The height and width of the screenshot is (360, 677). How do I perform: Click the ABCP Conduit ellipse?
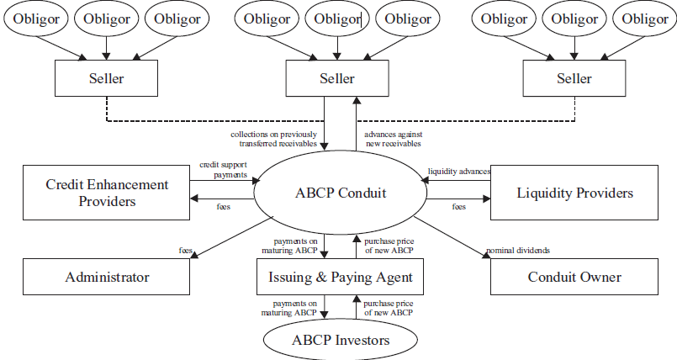[x=341, y=193]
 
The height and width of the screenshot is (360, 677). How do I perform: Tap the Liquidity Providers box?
[x=574, y=193]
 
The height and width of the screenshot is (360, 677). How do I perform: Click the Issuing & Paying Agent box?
[x=341, y=277]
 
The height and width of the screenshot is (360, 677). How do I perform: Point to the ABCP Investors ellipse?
[x=341, y=341]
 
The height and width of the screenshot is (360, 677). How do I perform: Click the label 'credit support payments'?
[x=224, y=170]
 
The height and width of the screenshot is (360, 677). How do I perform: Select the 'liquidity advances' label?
[x=459, y=172]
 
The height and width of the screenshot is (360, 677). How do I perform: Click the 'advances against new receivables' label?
[x=394, y=138]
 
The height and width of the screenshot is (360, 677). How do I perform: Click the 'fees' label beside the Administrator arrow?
[x=186, y=250]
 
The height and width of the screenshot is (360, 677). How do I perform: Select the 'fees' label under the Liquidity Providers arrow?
[x=459, y=206]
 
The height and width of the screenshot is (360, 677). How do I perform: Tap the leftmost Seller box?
[x=106, y=79]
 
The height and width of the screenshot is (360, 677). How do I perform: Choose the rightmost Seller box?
[x=574, y=79]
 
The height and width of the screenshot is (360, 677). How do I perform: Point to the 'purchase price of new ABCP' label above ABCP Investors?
[x=389, y=307]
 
